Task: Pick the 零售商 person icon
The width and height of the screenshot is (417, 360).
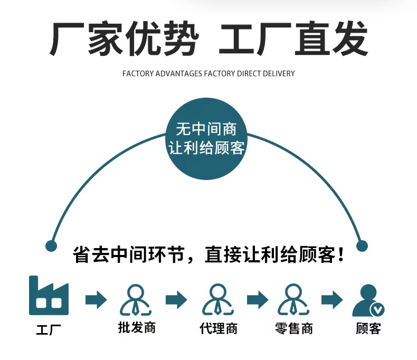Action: [293, 299]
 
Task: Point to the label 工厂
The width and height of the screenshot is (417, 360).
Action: [49, 330]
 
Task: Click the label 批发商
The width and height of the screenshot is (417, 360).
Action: [137, 328]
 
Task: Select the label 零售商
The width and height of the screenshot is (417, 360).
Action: [294, 328]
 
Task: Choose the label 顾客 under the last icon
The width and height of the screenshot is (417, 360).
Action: [368, 328]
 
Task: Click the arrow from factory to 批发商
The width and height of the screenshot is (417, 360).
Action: [96, 300]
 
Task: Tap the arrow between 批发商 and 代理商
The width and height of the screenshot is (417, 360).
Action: [176, 300]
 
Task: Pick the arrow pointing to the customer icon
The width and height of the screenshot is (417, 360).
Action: [333, 300]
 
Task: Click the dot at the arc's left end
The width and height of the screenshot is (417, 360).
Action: [51, 245]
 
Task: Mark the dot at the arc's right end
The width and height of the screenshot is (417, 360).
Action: [362, 245]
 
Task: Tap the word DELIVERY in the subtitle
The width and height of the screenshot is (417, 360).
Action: [279, 73]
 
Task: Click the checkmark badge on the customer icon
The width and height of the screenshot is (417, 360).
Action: [377, 309]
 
